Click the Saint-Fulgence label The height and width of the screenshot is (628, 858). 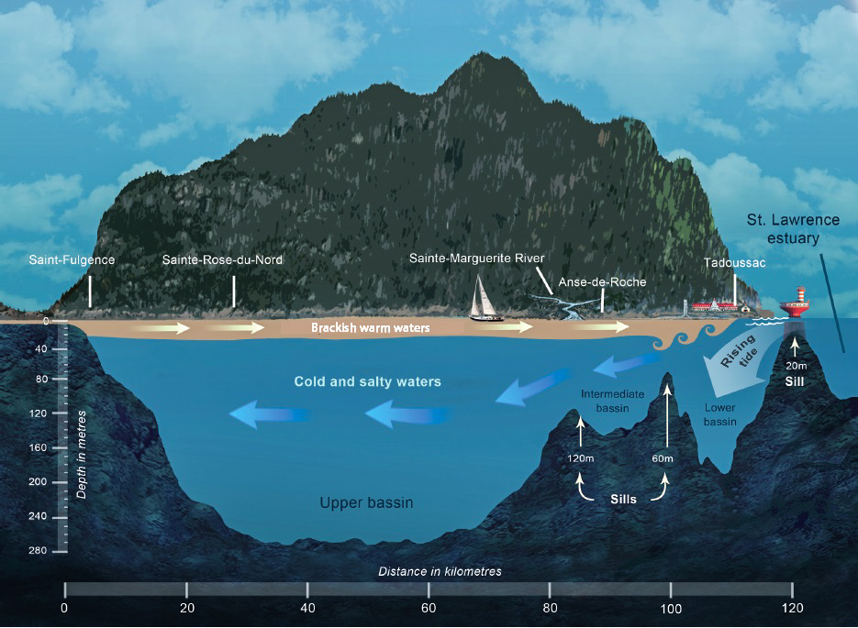(x=72, y=259)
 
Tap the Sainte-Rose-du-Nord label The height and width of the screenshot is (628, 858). (x=222, y=259)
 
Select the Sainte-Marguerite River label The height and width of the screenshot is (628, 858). (x=476, y=258)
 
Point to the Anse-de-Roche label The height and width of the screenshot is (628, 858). (x=602, y=281)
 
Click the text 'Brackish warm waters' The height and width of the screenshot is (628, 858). (x=370, y=327)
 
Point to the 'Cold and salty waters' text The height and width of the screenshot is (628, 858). (x=367, y=381)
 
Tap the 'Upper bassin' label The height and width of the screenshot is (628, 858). (x=366, y=502)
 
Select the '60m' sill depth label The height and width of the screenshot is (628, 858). (x=663, y=457)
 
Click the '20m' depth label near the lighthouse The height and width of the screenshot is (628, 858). (x=796, y=365)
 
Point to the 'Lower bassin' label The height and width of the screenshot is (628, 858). (x=720, y=414)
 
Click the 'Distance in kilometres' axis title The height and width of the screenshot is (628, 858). (x=440, y=571)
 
